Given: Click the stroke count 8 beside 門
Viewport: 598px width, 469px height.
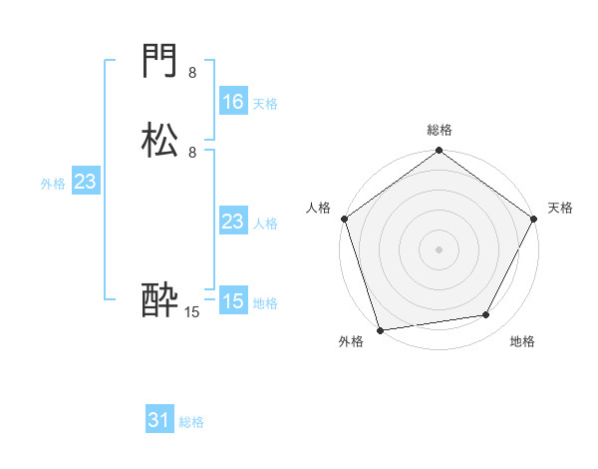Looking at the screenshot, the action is [x=192, y=72].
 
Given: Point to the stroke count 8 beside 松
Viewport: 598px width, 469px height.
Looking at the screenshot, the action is [x=192, y=152].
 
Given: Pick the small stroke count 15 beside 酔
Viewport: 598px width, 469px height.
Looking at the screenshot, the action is [x=192, y=312].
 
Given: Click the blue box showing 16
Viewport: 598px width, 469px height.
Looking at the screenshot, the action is [x=232, y=102].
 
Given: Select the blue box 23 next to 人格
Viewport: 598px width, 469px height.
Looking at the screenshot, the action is [x=232, y=222].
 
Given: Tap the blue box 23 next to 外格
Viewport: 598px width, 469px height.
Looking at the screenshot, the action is [x=85, y=182].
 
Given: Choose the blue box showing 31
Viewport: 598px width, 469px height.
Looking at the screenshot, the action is [x=158, y=421].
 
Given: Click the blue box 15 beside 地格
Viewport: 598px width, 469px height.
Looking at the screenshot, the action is [x=232, y=301].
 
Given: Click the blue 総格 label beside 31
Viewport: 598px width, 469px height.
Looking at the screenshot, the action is [x=191, y=422].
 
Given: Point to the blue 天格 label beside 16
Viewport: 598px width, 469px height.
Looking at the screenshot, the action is [x=265, y=103].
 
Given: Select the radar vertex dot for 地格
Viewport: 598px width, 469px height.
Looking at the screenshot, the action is [x=486, y=315].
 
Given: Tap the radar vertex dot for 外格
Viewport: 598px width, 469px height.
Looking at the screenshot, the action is [x=381, y=329].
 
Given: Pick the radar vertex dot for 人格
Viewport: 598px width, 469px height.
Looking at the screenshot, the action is [x=344, y=219].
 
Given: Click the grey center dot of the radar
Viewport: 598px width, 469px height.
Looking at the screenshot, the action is [x=439, y=249].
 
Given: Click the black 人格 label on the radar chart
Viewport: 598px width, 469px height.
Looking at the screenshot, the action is [x=318, y=208].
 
